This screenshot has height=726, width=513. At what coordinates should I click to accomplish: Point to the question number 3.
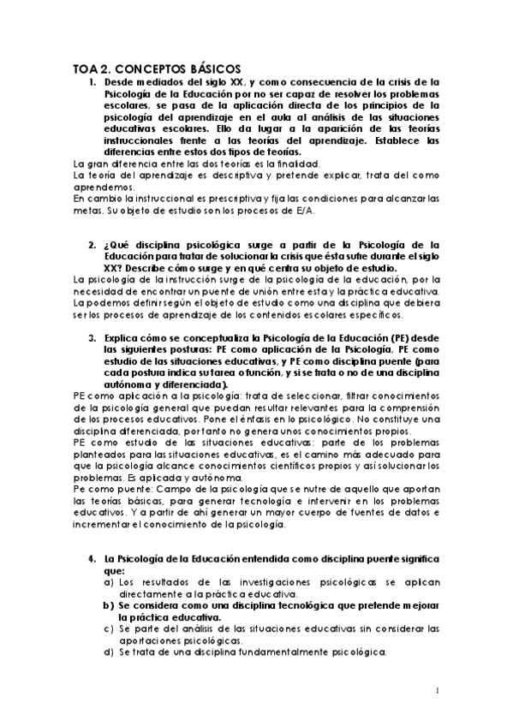tap(93, 338)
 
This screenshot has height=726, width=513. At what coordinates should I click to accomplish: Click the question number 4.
tap(93, 559)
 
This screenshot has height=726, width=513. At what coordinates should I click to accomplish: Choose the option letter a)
tap(109, 581)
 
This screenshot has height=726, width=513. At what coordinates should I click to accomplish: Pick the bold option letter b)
tap(109, 604)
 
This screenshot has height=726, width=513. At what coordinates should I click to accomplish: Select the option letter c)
tap(109, 628)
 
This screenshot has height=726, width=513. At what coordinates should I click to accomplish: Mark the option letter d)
tap(109, 652)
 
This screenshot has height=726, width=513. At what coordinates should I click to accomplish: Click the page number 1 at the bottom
tap(437, 691)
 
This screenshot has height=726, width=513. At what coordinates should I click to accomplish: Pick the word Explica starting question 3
tap(125, 338)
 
